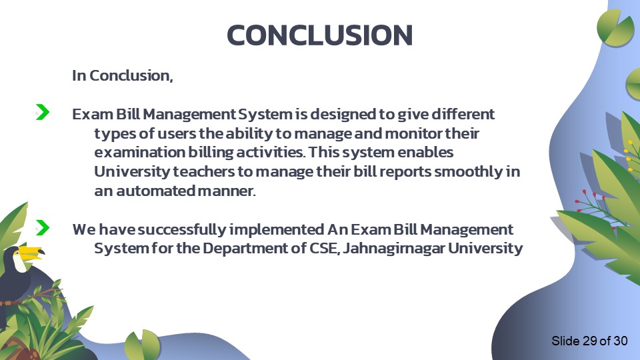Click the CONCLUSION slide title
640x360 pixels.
(319, 35)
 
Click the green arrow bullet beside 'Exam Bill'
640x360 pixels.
(42, 113)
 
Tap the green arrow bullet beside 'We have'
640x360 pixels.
(42, 228)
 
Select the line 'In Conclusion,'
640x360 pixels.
(123, 75)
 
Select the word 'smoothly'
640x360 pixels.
(470, 172)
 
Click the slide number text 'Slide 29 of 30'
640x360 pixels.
(589, 341)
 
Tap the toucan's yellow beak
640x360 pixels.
(29, 253)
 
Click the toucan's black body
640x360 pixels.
(15, 280)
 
